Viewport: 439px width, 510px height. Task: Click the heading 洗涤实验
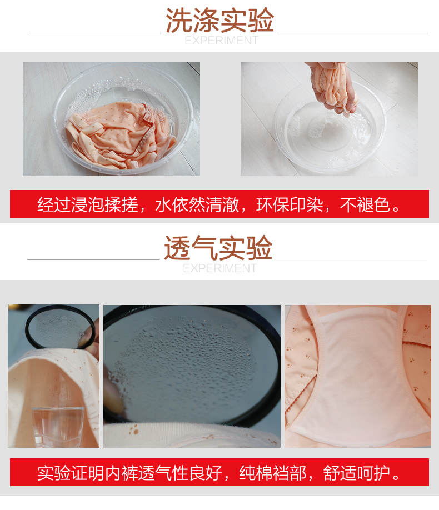point(219,20)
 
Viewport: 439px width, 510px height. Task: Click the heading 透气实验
point(218,248)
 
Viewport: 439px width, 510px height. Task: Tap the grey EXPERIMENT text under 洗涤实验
point(221,41)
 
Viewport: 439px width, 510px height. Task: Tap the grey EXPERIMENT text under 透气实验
point(220,268)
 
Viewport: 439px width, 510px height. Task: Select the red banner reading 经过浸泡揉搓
point(219,204)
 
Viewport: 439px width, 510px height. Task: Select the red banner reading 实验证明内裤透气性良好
point(219,472)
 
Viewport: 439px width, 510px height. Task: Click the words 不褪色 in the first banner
point(365,205)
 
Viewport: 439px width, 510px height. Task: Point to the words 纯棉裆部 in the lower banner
point(273,473)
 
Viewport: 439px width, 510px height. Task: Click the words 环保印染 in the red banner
point(290,205)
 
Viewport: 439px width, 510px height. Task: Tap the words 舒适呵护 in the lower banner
point(357,473)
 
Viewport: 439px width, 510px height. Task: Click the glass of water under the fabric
point(58,427)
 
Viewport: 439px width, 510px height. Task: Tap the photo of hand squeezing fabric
point(329,119)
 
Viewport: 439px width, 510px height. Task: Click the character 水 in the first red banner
point(163,205)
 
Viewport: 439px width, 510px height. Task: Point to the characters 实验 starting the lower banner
point(54,473)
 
